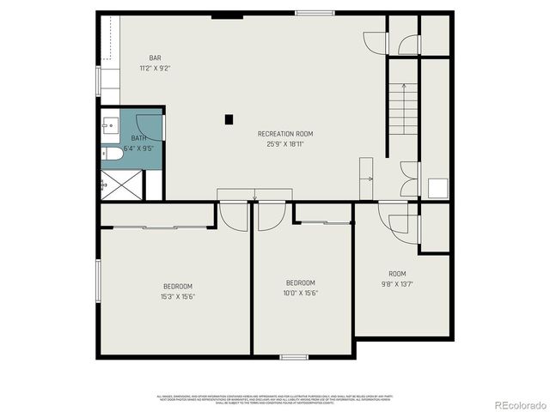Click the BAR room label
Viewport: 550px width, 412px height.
pos(155,58)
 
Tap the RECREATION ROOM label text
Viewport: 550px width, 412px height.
pos(285,134)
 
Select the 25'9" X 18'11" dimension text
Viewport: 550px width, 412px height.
pos(285,143)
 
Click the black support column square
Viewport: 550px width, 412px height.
pos(229,119)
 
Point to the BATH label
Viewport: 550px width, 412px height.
pos(138,138)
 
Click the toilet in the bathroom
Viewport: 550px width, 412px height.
pos(113,154)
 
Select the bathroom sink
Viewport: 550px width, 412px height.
pos(107,126)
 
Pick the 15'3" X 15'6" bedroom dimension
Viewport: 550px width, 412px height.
pos(178,296)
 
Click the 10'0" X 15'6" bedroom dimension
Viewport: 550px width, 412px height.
pos(301,293)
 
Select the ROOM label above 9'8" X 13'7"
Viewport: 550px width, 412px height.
pos(397,274)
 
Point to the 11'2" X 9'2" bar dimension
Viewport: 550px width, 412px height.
pos(155,68)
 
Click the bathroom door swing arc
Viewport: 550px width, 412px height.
pos(150,127)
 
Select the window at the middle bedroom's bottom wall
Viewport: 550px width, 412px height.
pos(294,356)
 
